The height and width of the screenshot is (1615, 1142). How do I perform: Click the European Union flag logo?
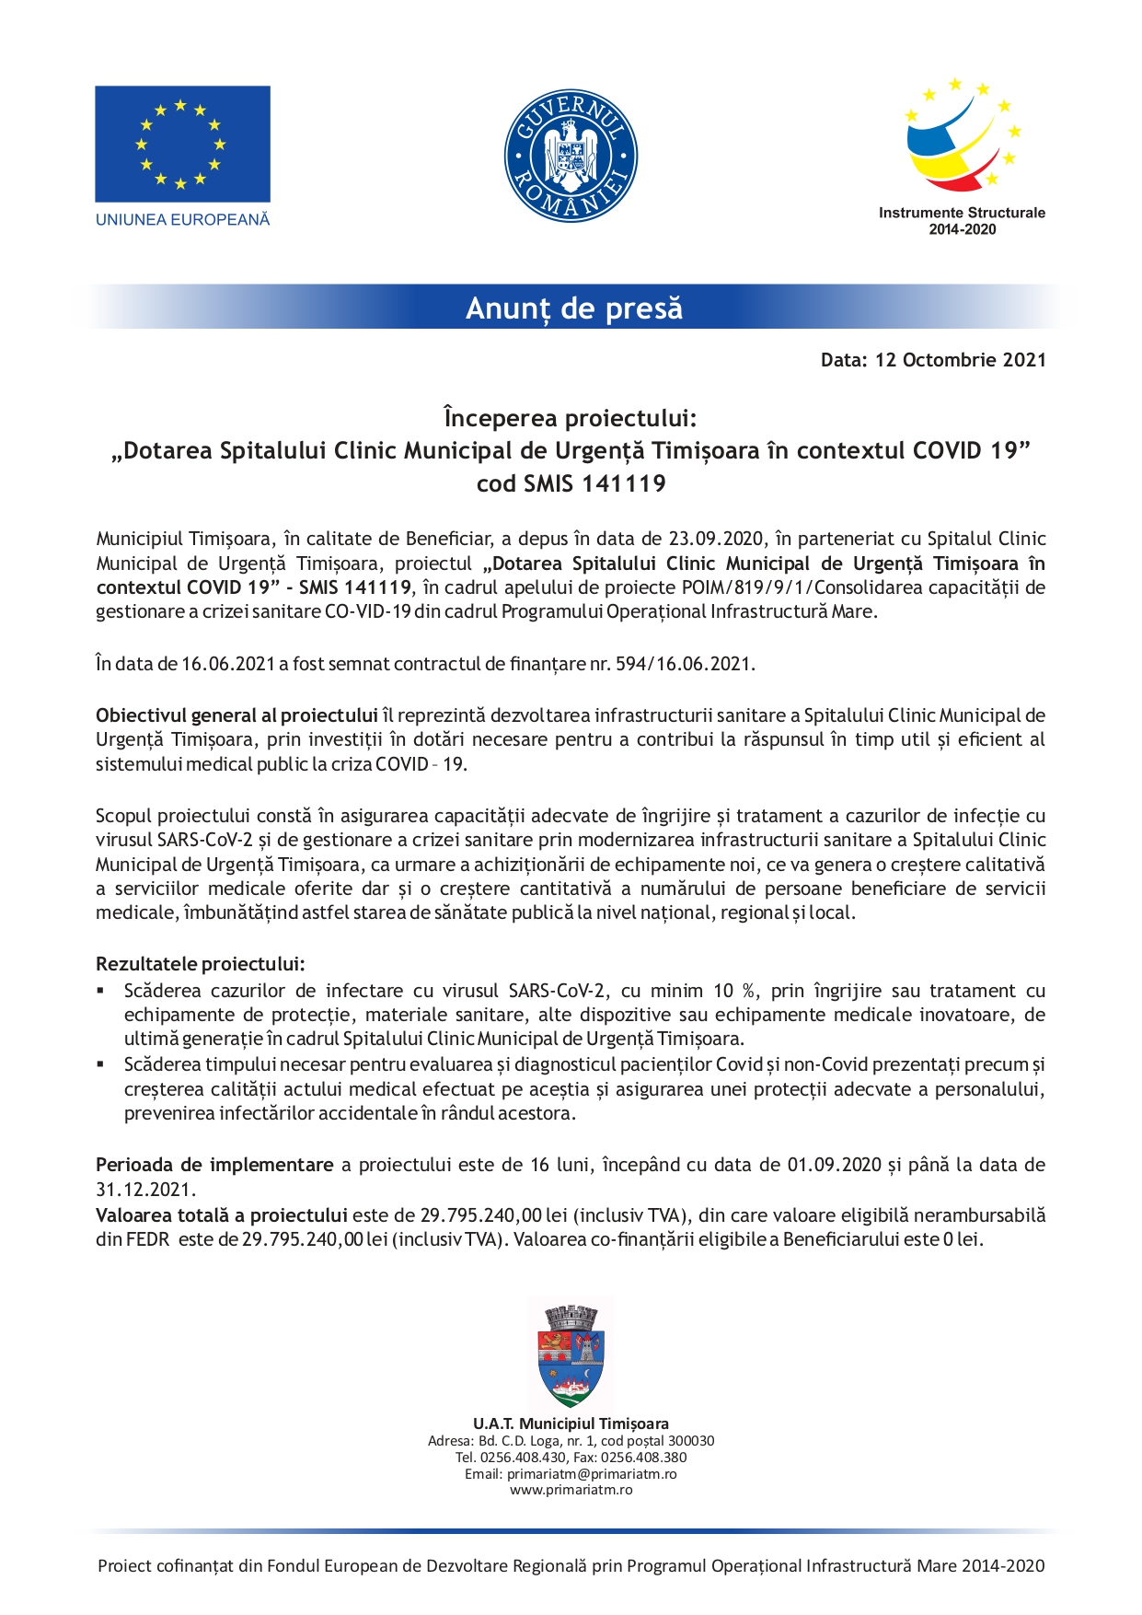[x=182, y=144]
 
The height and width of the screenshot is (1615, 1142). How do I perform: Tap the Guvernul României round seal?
[x=571, y=156]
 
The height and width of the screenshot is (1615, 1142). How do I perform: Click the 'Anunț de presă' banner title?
[x=574, y=308]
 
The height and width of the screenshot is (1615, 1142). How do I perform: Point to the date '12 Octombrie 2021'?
[x=960, y=360]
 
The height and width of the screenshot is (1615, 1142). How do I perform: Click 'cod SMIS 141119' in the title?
[x=571, y=483]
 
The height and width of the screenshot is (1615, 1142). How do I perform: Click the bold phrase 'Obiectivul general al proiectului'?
[x=236, y=715]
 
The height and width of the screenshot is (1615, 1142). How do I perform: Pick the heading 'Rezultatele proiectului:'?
[x=200, y=964]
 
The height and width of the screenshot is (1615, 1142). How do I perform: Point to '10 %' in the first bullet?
[x=736, y=991]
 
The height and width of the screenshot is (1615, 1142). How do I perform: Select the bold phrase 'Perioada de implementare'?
[x=214, y=1165]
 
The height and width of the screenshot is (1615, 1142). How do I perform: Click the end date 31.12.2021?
[x=145, y=1190]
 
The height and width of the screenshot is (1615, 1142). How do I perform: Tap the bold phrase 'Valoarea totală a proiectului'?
[x=221, y=1215]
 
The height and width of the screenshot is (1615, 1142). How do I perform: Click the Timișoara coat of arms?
[x=571, y=1354]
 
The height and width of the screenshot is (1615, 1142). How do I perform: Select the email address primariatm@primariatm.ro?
[x=592, y=1474]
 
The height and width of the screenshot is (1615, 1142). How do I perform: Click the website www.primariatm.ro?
[x=571, y=1490]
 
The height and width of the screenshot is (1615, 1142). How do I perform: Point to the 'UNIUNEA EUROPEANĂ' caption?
[x=182, y=220]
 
